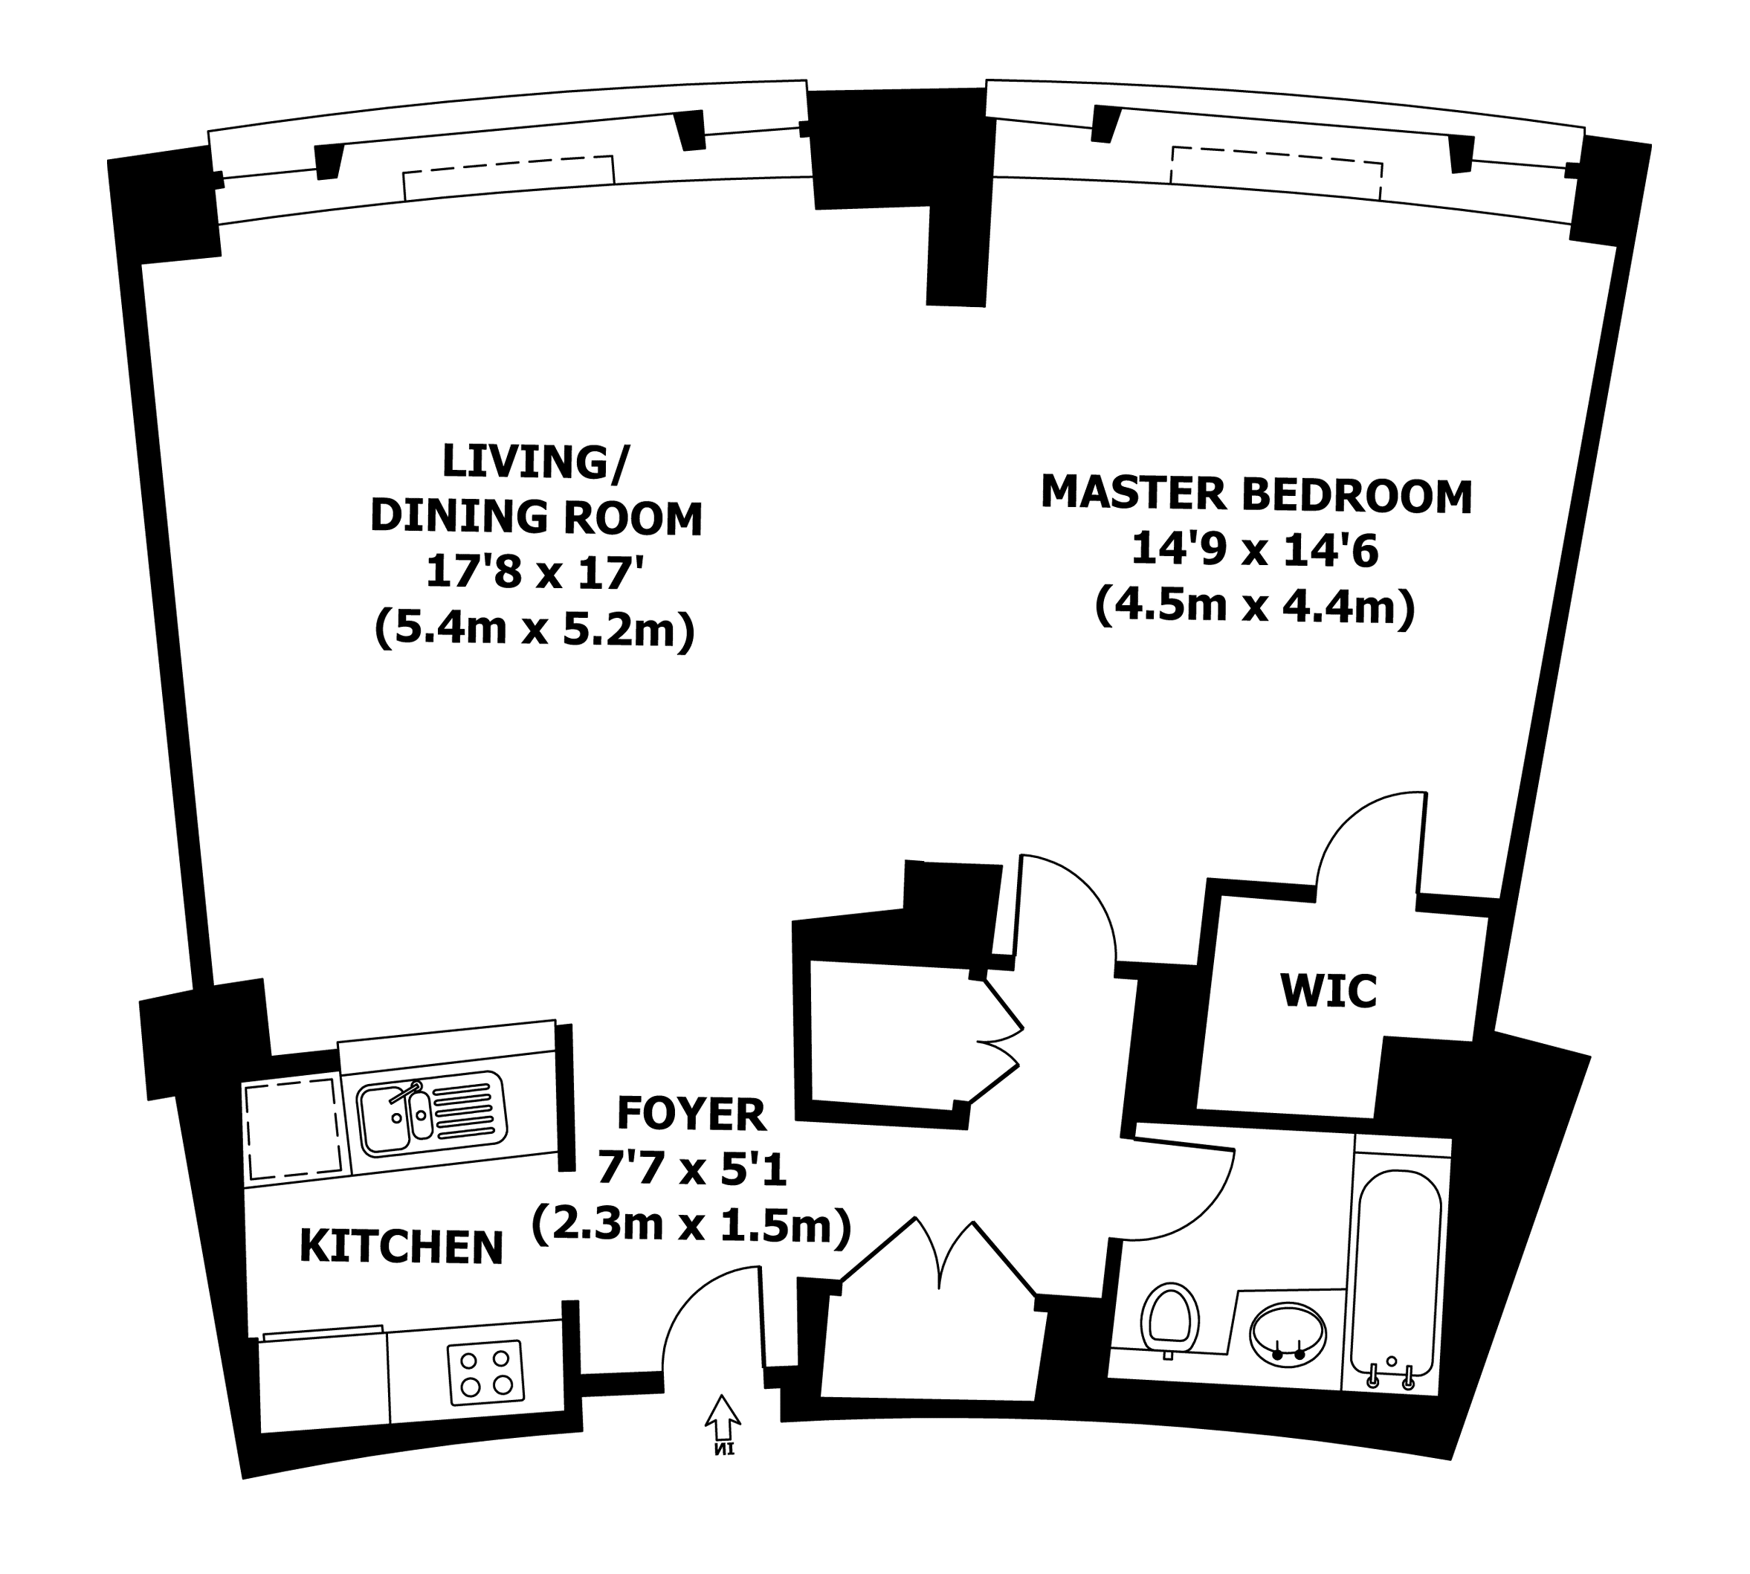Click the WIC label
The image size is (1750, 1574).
[x=1329, y=991]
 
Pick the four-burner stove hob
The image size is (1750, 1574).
[x=486, y=1373]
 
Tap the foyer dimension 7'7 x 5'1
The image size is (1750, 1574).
[x=691, y=1171]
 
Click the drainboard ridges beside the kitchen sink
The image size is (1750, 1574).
[x=467, y=1111]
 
